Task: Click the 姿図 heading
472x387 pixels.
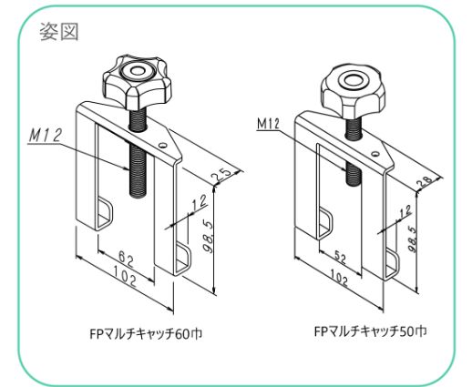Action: click(59, 32)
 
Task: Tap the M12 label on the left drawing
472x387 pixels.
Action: click(46, 136)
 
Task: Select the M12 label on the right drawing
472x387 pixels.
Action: click(268, 124)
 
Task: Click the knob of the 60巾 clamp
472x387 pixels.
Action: click(135, 82)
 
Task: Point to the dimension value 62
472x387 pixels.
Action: click(126, 260)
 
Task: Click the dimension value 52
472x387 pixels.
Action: click(341, 259)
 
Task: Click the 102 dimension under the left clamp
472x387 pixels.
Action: click(125, 276)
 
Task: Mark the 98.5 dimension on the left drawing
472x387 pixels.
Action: click(210, 238)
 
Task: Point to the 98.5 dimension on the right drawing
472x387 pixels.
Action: click(412, 239)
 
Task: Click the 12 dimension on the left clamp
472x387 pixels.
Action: click(199, 203)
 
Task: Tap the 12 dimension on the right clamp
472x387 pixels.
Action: click(405, 211)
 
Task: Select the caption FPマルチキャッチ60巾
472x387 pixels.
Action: click(146, 334)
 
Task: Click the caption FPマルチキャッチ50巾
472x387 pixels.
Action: click(370, 331)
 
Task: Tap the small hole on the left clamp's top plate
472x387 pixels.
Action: click(163, 145)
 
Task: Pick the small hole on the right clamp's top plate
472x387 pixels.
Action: click(375, 154)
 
